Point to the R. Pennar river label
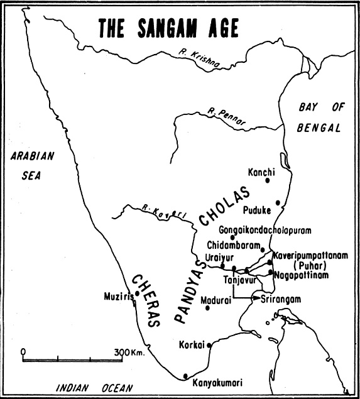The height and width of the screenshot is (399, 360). click(227, 117)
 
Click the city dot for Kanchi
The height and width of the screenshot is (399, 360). click(268, 180)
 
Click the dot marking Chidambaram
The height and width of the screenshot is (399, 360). click(263, 249)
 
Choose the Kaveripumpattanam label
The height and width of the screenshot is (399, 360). click(310, 256)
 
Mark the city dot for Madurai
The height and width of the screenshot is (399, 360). click(207, 307)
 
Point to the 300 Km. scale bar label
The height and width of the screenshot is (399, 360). click(129, 352)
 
